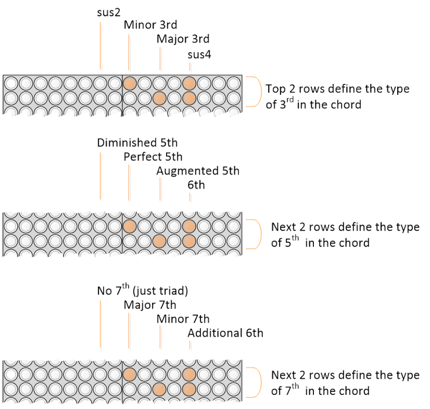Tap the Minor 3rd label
click(x=150, y=25)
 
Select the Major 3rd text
click(x=183, y=39)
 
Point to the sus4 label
click(x=199, y=54)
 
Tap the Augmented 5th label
click(x=198, y=171)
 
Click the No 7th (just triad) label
click(x=142, y=291)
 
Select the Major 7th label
click(x=150, y=305)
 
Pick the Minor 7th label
click(x=183, y=319)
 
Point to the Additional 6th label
click(x=226, y=333)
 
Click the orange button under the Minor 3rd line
click(x=130, y=83)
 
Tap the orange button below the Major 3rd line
click(x=159, y=98)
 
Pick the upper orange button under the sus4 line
click(x=189, y=83)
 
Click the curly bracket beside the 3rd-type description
click(x=253, y=91)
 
